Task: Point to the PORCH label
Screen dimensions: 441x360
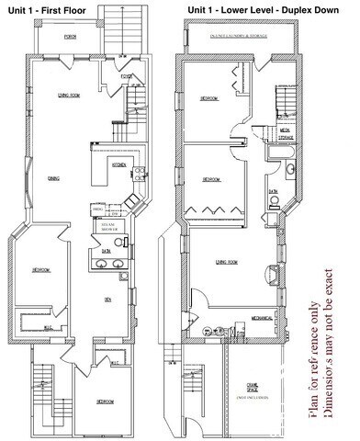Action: tap(70, 39)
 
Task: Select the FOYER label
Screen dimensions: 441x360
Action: tap(127, 77)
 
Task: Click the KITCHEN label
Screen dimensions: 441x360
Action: tap(118, 164)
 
